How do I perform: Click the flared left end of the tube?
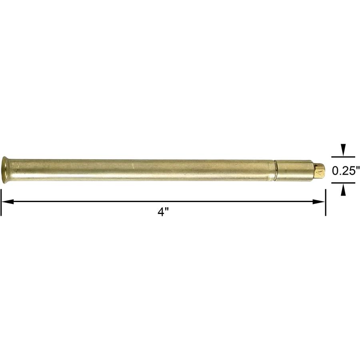tap(5, 170)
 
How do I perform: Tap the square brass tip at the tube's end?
tap(320, 171)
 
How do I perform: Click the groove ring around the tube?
tap(275, 170)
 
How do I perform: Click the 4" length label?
tap(161, 212)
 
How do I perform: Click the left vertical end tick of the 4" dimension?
tap(1, 202)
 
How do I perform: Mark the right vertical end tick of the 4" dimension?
tap(326, 202)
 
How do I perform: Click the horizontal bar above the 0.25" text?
tap(343, 157)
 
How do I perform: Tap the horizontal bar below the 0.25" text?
tap(343, 183)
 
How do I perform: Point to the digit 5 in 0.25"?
tap(352, 170)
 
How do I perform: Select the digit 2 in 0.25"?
tap(346, 170)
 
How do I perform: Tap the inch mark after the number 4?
tap(164, 210)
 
